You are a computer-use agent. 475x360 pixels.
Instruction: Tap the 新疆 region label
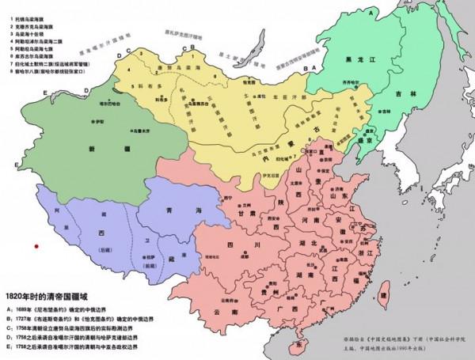click(93, 148)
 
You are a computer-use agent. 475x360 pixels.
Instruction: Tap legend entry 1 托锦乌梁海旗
click(28, 15)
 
